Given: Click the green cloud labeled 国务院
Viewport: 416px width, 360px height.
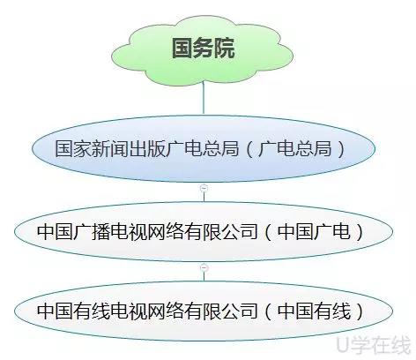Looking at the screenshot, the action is pyautogui.click(x=202, y=50).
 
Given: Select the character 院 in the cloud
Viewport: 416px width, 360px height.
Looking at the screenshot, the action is pyautogui.click(x=225, y=48).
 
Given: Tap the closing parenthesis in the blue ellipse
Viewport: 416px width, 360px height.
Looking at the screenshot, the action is pyautogui.click(x=342, y=149).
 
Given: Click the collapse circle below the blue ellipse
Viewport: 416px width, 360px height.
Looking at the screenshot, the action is pyautogui.click(x=204, y=188).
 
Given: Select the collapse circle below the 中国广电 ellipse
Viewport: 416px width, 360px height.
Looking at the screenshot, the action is pyautogui.click(x=204, y=267).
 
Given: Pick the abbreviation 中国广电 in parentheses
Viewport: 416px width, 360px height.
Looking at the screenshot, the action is pyautogui.click(x=314, y=232).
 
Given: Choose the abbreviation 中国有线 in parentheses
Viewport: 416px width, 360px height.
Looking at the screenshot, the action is pyautogui.click(x=314, y=311).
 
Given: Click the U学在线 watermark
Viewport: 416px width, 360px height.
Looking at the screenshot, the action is pyautogui.click(x=374, y=345).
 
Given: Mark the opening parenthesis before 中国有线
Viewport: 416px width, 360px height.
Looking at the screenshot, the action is pyautogui.click(x=268, y=311).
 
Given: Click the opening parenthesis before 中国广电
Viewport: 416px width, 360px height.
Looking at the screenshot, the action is pyautogui.click(x=268, y=232).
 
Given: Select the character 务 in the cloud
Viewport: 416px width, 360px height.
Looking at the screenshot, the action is pyautogui.click(x=204, y=48).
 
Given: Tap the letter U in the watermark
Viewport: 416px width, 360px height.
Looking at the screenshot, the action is pyautogui.click(x=343, y=345).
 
